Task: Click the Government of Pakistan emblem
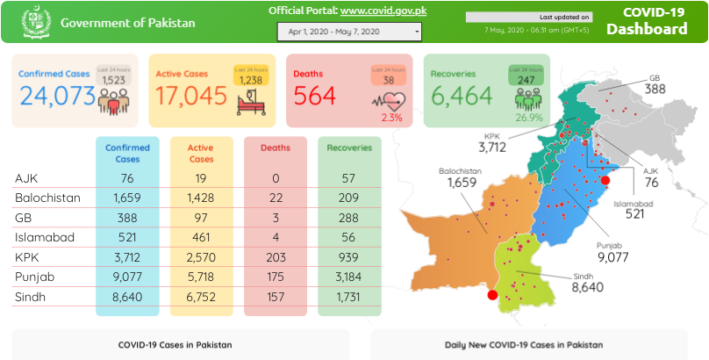pyautogui.click(x=33, y=21)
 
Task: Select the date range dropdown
pyautogui.click(x=348, y=32)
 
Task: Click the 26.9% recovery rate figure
pyautogui.click(x=529, y=117)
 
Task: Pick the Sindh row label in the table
pyautogui.click(x=30, y=298)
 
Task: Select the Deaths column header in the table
pyautogui.click(x=276, y=148)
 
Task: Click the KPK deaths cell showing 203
pyautogui.click(x=276, y=257)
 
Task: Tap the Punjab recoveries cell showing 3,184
pyautogui.click(x=349, y=277)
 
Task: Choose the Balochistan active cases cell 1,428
pyautogui.click(x=201, y=198)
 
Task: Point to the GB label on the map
pyautogui.click(x=655, y=77)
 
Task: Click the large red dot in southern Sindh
pyautogui.click(x=492, y=295)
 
